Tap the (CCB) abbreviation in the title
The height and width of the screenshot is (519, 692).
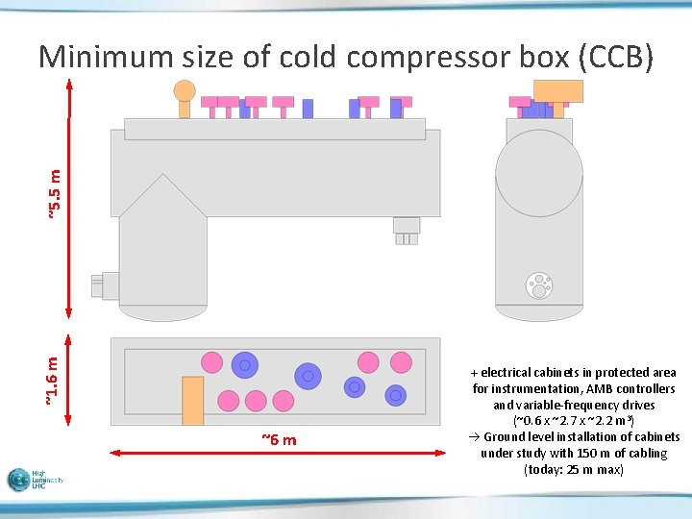(617, 58)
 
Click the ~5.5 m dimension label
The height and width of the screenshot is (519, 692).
(55, 192)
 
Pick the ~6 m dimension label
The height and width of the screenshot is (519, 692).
(279, 440)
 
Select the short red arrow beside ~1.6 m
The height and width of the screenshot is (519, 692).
(69, 380)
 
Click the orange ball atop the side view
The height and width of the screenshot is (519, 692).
(184, 91)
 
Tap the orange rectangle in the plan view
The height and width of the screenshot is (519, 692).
(192, 400)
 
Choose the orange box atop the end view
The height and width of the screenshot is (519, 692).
(557, 90)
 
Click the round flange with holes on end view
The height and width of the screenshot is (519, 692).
(538, 284)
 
